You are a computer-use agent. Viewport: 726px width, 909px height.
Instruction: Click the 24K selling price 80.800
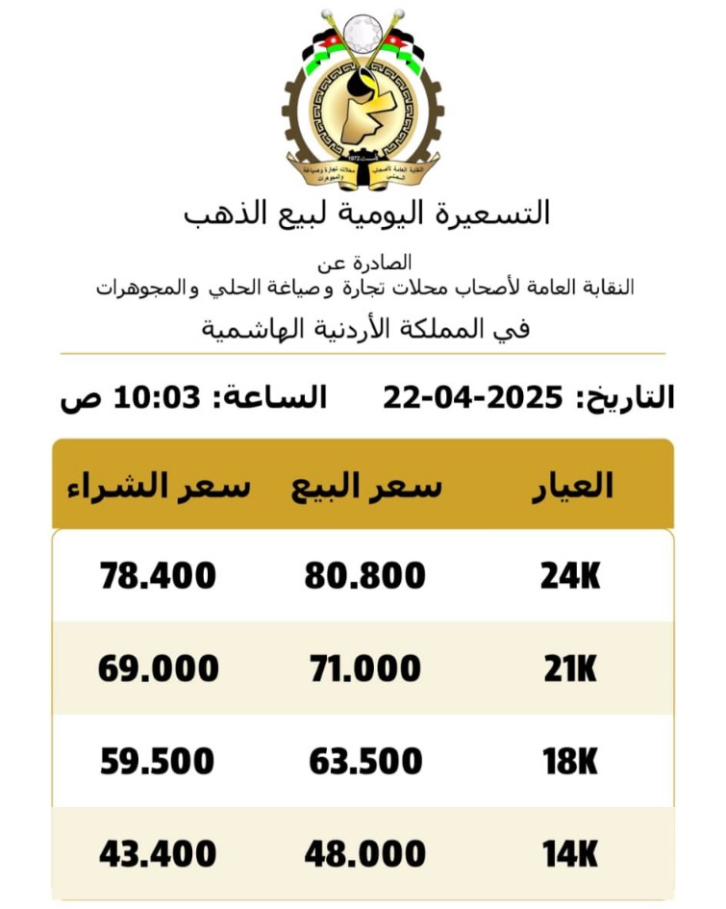click(x=365, y=576)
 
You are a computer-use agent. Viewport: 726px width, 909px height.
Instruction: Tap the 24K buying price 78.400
click(x=159, y=576)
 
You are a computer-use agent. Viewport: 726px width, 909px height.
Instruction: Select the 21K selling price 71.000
click(x=365, y=669)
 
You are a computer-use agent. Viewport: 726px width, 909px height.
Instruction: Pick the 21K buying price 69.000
click(x=159, y=669)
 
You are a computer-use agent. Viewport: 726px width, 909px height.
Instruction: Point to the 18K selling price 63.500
click(x=365, y=761)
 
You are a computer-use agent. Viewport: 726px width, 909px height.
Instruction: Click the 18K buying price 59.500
click(x=158, y=761)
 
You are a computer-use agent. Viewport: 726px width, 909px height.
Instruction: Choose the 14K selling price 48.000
click(x=365, y=853)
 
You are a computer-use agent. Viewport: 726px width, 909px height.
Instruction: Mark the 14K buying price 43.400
click(x=159, y=853)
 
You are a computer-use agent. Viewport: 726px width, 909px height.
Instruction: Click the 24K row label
click(x=570, y=576)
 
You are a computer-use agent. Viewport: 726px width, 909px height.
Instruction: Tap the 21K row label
click(x=570, y=669)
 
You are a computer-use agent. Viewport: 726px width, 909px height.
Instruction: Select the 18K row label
click(x=570, y=761)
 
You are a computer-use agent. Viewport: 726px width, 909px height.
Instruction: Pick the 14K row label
click(x=570, y=853)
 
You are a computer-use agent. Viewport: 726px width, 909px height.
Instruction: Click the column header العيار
click(x=573, y=486)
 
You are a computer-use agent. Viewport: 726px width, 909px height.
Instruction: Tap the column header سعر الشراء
click(x=159, y=487)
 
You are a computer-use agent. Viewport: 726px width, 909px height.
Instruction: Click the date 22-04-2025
click(x=472, y=396)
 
